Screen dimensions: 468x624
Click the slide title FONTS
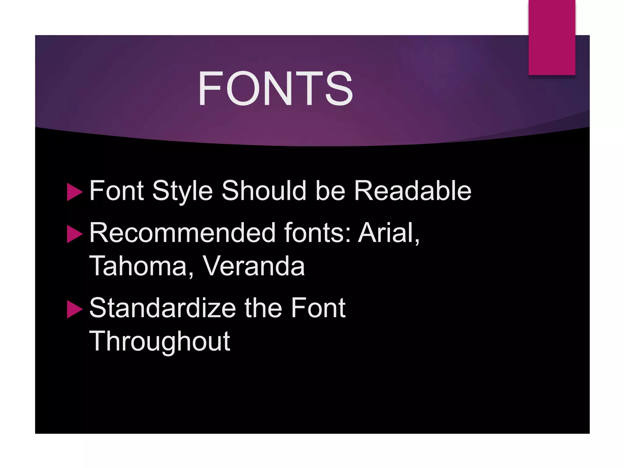(x=275, y=89)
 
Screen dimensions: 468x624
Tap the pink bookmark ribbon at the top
(x=552, y=37)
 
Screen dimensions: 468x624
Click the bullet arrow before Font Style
(x=74, y=192)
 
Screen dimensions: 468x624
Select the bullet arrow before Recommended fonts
(x=74, y=234)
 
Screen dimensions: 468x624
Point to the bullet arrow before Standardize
(x=74, y=309)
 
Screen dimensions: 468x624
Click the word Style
(x=182, y=191)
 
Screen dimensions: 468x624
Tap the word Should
(x=264, y=191)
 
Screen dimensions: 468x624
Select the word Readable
(x=413, y=191)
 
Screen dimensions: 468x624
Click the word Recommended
(x=183, y=233)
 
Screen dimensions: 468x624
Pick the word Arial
(x=389, y=233)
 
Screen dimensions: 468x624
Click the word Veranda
(x=253, y=266)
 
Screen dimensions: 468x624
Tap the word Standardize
(x=162, y=308)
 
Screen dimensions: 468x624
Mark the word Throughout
(x=160, y=342)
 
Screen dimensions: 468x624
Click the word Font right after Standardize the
(x=318, y=308)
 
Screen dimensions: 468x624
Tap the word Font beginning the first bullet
(x=117, y=191)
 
